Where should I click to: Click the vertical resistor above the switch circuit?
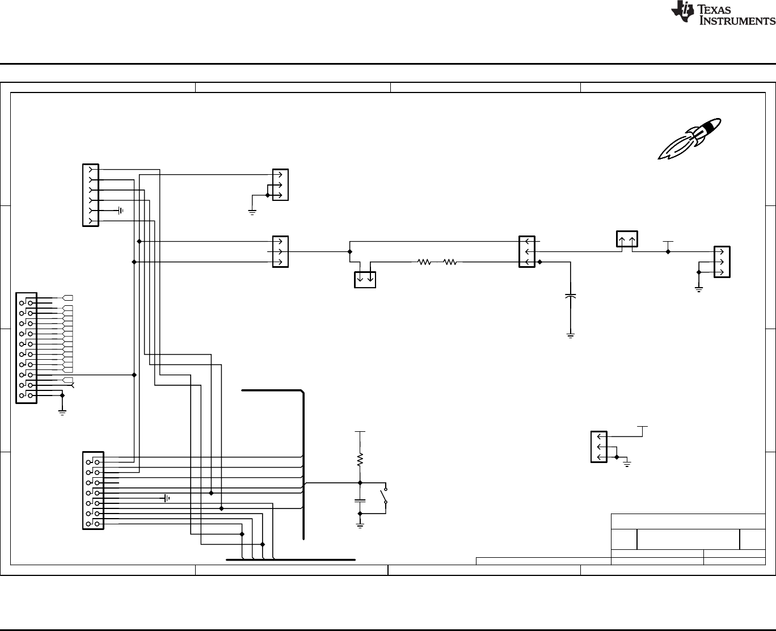click(360, 459)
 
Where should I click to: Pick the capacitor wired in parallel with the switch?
click(360, 500)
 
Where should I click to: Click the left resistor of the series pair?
click(424, 262)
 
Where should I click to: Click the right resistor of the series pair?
click(450, 262)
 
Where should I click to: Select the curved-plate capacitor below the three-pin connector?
click(571, 297)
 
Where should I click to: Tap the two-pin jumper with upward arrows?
click(627, 239)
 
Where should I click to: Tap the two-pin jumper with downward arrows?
click(365, 280)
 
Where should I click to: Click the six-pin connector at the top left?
click(91, 195)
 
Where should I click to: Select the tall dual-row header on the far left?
click(27, 348)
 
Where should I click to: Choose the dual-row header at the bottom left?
click(94, 490)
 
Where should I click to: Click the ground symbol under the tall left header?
click(62, 412)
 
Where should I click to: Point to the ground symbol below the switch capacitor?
click(360, 525)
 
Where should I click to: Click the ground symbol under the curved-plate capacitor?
click(571, 336)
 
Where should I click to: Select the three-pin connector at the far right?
click(722, 262)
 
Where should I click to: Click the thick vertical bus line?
click(304, 465)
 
